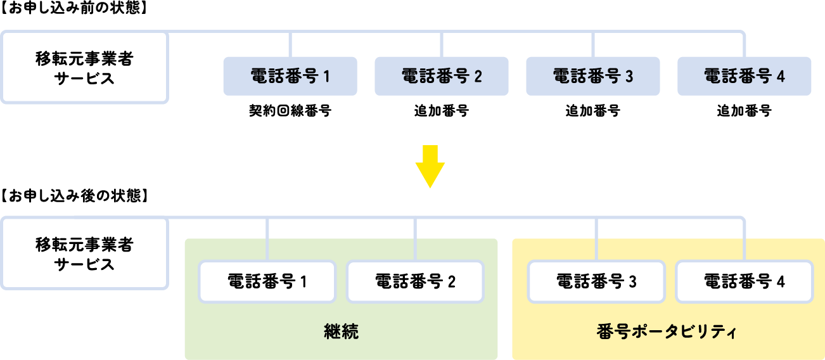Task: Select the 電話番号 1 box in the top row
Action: coord(290,76)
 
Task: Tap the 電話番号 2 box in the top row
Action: coord(442,76)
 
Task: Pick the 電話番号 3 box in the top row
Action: coord(593,76)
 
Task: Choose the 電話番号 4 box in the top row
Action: coord(745,76)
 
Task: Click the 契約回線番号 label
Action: coord(290,111)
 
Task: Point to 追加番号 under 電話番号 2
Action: coord(442,111)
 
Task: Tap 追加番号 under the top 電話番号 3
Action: coord(593,111)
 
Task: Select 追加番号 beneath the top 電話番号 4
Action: coord(745,111)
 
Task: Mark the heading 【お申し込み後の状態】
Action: coord(75,196)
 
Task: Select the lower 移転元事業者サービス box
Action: coord(84,254)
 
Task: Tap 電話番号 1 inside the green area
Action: coord(267,281)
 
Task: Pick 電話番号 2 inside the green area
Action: coord(415,281)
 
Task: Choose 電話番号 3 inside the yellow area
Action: coord(596,281)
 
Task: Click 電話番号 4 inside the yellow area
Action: coord(745,281)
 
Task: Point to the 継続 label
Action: coord(341,331)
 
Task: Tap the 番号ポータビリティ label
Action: coord(667,331)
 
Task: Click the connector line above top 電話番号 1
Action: coord(290,44)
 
